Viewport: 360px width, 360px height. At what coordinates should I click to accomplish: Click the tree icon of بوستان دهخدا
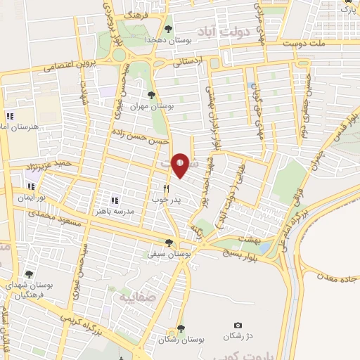pyautogui.click(x=167, y=29)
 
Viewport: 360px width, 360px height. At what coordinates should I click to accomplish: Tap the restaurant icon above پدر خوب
pyautogui.click(x=167, y=188)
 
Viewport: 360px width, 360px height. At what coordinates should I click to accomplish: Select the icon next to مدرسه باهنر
pyautogui.click(x=114, y=200)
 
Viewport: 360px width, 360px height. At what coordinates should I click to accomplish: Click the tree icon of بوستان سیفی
pyautogui.click(x=168, y=243)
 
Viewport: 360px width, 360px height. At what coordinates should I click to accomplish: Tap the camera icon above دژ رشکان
pyautogui.click(x=238, y=326)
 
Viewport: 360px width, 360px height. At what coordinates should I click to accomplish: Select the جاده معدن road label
pyautogui.click(x=333, y=275)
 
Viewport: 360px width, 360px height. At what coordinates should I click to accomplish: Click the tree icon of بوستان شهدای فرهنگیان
pyautogui.click(x=28, y=274)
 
